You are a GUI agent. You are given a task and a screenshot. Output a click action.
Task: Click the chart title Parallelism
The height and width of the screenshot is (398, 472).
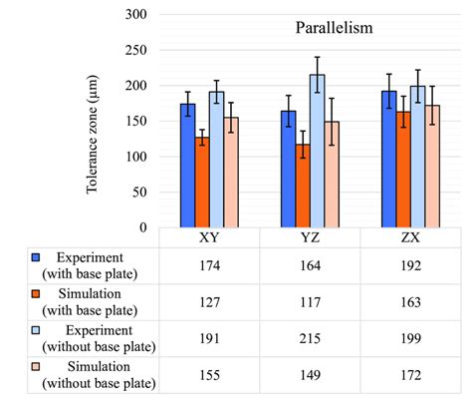[x=334, y=28]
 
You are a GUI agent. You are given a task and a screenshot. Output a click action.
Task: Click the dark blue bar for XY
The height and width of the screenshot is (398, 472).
[x=187, y=166]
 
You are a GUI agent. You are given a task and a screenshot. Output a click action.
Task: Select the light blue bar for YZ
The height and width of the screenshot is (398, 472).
[x=317, y=151]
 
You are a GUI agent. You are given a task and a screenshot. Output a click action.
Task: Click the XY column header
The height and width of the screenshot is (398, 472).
[x=210, y=238]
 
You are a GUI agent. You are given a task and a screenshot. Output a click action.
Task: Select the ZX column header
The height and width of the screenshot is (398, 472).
[x=410, y=238]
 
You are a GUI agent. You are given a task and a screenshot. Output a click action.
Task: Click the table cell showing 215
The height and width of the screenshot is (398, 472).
[x=310, y=337]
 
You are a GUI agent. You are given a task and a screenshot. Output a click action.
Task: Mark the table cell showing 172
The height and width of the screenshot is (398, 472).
[x=410, y=375]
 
